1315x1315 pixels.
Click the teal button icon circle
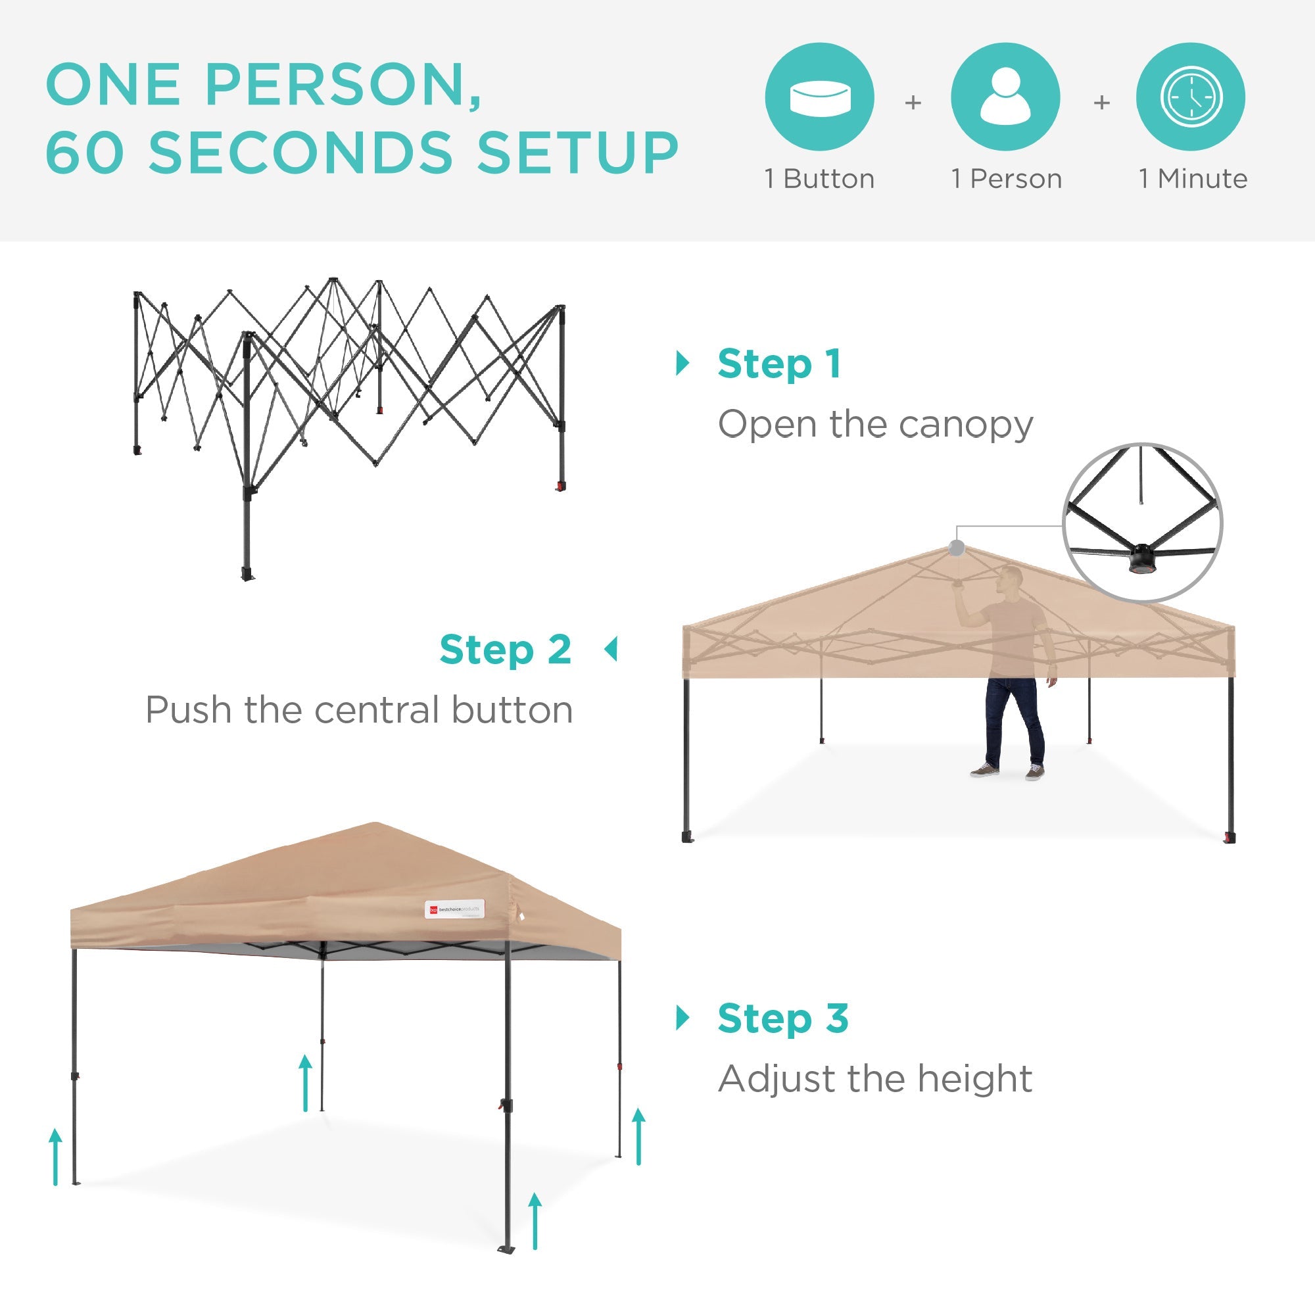819,97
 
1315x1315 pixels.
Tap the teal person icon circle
1005,97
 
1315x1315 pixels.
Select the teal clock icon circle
1191,97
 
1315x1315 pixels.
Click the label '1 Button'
819,179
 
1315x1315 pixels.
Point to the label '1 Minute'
1193,179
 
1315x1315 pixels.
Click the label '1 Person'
1006,179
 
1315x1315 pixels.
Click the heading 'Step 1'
779,364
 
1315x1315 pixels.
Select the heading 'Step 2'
505,650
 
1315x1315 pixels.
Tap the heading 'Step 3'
782,1019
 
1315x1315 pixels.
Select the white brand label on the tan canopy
455,909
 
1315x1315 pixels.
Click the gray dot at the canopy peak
956,547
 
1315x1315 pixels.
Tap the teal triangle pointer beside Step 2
611,650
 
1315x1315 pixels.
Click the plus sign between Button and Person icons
913,103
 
